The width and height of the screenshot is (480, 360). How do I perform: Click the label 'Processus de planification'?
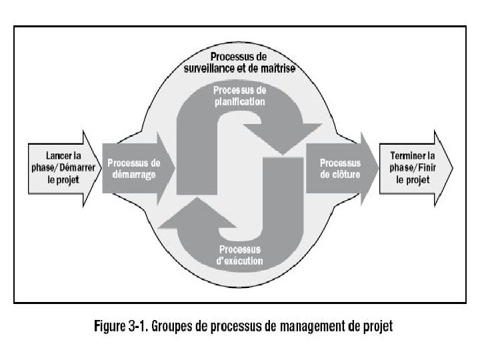click(x=239, y=96)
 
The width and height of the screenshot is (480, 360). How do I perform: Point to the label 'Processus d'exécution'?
click(x=239, y=255)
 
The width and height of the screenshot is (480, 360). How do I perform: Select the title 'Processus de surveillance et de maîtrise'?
click(x=239, y=63)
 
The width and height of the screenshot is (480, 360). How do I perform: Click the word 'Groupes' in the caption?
click(x=176, y=327)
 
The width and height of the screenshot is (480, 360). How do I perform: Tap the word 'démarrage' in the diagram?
click(x=133, y=175)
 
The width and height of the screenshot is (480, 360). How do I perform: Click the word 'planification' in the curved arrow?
click(x=239, y=101)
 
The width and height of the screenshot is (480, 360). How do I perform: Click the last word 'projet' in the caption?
click(x=377, y=327)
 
